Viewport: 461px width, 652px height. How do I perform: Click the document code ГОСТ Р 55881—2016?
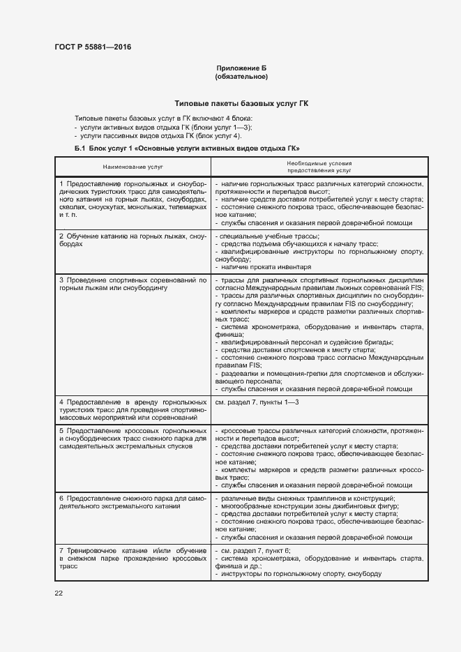[x=92, y=47]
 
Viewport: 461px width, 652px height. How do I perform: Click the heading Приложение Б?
[x=241, y=68]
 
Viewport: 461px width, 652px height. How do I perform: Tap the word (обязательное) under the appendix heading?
[x=241, y=76]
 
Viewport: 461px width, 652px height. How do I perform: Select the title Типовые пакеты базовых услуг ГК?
[x=241, y=103]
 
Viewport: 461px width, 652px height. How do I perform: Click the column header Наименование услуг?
[x=133, y=167]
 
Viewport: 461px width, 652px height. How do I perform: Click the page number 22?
[x=59, y=593]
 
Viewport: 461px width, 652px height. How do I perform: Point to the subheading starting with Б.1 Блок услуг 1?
[x=186, y=149]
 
